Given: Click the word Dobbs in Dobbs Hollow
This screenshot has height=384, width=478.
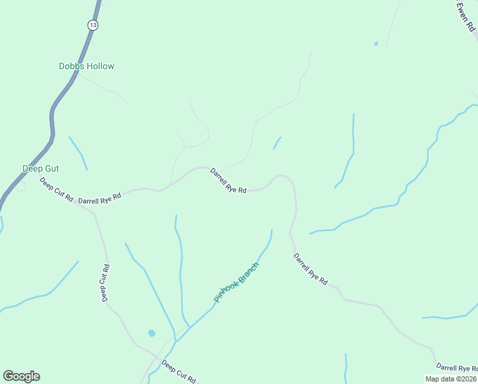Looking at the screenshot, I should tap(70, 66).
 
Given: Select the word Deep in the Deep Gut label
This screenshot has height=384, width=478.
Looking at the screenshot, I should tap(32, 168).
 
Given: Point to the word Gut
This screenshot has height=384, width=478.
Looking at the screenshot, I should tap(52, 168).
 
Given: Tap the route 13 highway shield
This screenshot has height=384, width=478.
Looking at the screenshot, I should tap(93, 24).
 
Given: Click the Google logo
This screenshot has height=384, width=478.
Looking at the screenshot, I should tap(21, 376).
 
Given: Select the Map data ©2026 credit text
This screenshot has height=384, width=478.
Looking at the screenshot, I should tap(451, 379).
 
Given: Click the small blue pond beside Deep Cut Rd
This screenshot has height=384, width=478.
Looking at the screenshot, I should tap(151, 333).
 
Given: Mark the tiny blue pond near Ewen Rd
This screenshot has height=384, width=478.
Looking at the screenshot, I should tap(376, 44).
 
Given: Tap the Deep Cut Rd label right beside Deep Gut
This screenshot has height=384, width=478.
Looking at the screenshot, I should tap(56, 190).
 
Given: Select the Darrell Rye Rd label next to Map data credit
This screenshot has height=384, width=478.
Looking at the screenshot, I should tap(456, 368).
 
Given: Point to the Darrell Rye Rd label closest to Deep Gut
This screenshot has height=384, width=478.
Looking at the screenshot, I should tap(100, 199).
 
